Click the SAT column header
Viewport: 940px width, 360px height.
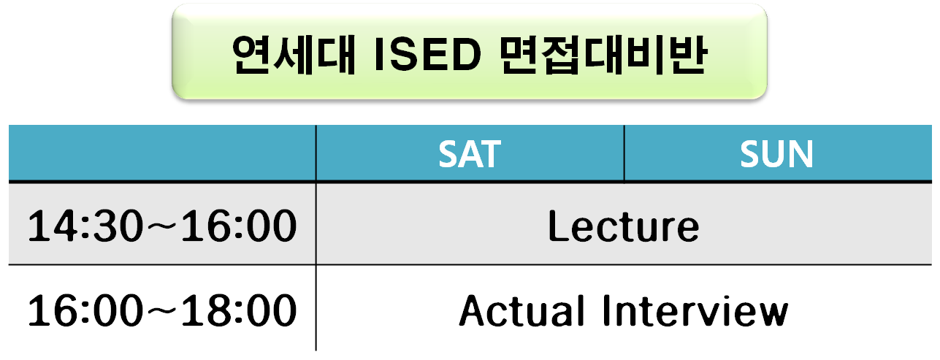pos(470,154)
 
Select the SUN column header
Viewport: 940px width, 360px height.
pos(776,154)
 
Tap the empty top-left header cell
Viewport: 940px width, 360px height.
pos(162,153)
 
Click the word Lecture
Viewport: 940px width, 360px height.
pos(624,226)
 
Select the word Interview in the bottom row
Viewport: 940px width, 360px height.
pos(695,310)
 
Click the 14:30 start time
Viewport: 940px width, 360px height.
pos(85,226)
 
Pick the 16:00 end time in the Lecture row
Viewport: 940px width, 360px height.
pos(239,226)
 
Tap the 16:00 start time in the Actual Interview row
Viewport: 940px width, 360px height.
pos(85,310)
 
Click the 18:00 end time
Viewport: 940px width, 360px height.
pos(239,310)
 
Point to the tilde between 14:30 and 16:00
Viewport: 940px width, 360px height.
pos(162,226)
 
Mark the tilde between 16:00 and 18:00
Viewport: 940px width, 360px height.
pos(162,310)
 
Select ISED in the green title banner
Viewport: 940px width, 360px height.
pos(427,55)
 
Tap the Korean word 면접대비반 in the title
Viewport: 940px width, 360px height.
pos(603,55)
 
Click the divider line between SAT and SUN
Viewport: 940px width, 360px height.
pos(624,153)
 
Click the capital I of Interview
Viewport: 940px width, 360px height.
pos(607,310)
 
